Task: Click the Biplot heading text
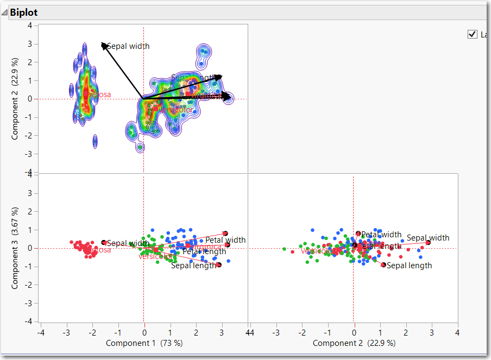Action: (23, 12)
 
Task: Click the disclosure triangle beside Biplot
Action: (5, 12)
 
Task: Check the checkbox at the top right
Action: (472, 35)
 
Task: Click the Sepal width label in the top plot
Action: (128, 46)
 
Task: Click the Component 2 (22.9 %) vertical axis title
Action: (16, 99)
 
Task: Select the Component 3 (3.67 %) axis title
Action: (16, 248)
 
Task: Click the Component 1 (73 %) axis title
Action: (144, 343)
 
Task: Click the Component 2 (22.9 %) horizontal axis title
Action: (354, 343)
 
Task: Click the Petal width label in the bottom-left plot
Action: (225, 240)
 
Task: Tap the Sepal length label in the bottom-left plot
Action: (194, 266)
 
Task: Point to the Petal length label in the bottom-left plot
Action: (204, 251)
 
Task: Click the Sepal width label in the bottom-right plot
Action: (428, 238)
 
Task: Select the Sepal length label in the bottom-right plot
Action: (409, 266)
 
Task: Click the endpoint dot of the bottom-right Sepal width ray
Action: (428, 243)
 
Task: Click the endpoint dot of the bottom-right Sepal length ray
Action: (383, 265)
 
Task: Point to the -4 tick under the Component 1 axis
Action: (40, 331)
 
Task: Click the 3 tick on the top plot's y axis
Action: (30, 44)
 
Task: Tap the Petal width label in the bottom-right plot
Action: (381, 235)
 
